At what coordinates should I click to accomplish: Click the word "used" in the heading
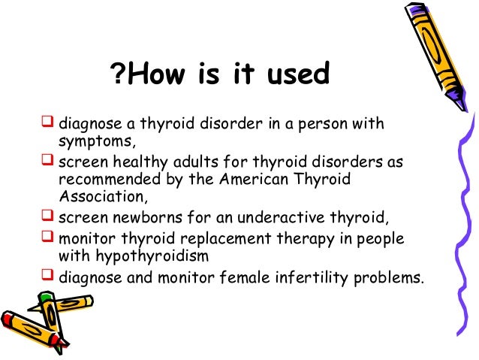(300, 76)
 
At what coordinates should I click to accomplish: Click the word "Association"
(95, 198)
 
